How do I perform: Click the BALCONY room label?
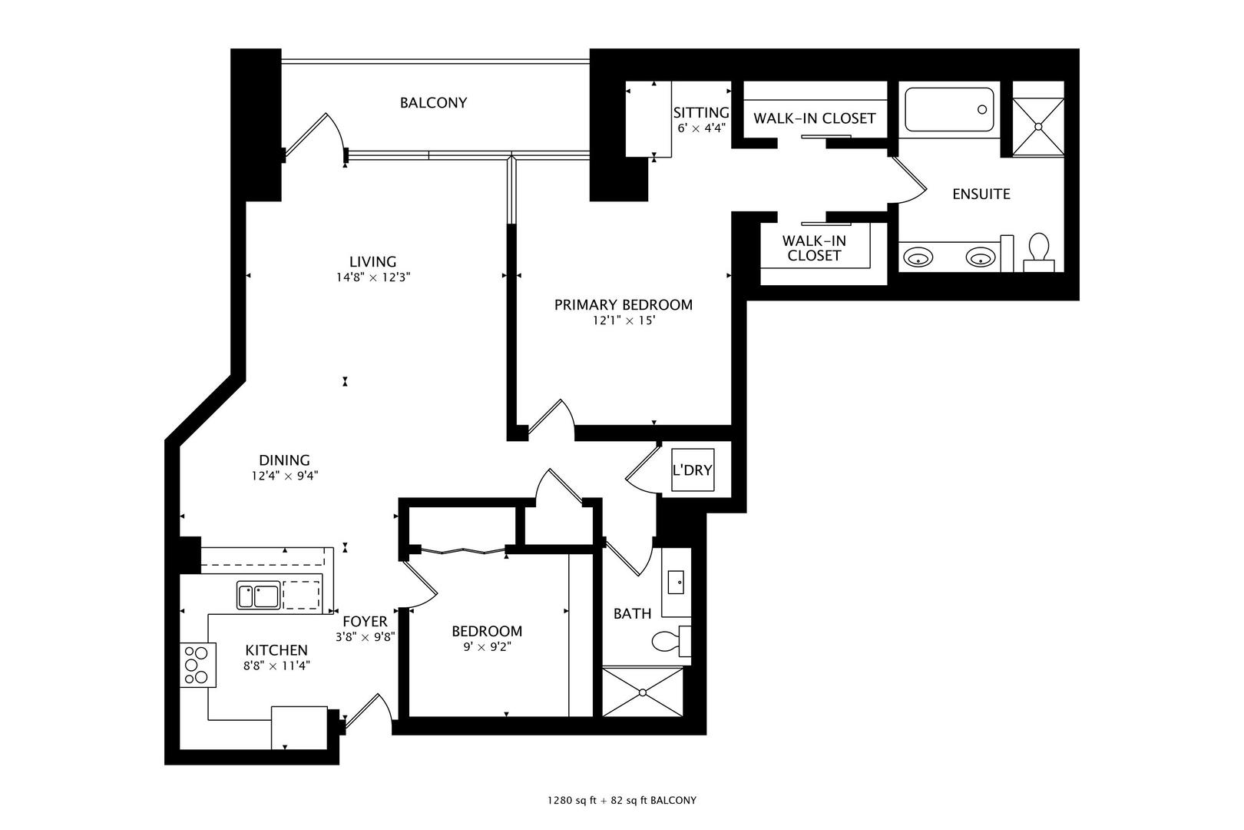[433, 103]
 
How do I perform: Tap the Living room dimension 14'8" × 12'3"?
[373, 278]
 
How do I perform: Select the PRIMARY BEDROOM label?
[623, 305]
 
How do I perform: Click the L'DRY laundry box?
[692, 470]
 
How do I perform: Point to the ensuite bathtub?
[949, 110]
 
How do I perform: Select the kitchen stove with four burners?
[195, 664]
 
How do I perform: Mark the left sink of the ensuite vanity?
[917, 257]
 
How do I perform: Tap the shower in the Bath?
[643, 692]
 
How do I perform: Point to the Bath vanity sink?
[677, 582]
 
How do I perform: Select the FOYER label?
[365, 621]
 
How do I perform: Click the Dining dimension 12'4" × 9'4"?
[284, 476]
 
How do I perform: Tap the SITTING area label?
[700, 114]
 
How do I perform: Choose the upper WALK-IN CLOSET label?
[814, 118]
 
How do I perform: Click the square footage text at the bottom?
[621, 800]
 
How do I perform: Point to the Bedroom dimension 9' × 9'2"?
[486, 647]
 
